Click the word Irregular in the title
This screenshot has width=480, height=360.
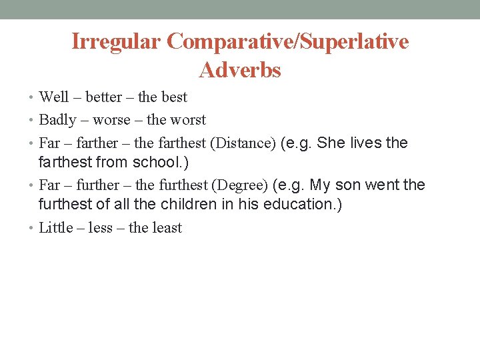(x=116, y=42)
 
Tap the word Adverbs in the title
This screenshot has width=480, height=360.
(x=240, y=70)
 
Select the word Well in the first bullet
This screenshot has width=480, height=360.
(x=54, y=97)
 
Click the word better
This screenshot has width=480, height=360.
(x=104, y=97)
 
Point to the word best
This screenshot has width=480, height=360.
(x=175, y=97)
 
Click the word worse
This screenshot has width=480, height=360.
(x=112, y=120)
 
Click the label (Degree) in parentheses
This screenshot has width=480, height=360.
(x=240, y=185)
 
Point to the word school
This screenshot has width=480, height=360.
(x=157, y=162)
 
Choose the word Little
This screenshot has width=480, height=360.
(x=56, y=228)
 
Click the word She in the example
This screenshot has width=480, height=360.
(x=331, y=143)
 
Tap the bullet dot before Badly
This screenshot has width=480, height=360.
(x=33, y=120)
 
